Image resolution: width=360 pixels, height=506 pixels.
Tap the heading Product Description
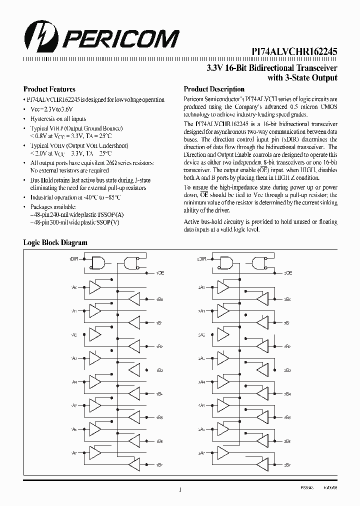[x=214, y=89]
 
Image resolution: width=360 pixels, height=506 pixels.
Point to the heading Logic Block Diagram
[x=55, y=242]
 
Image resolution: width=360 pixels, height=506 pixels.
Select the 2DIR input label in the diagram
[x=202, y=259]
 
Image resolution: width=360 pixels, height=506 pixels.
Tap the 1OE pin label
[x=160, y=273]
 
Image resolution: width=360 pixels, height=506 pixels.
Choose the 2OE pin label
[x=288, y=273]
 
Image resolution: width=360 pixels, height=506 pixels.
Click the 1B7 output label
[x=159, y=464]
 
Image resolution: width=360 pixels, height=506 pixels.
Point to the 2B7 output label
[x=287, y=464]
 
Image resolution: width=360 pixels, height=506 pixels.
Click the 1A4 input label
[x=74, y=382]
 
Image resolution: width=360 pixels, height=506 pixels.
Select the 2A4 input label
[x=201, y=382]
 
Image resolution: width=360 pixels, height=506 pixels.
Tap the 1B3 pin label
[x=159, y=370]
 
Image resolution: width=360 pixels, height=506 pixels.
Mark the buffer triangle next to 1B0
[x=135, y=299]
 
